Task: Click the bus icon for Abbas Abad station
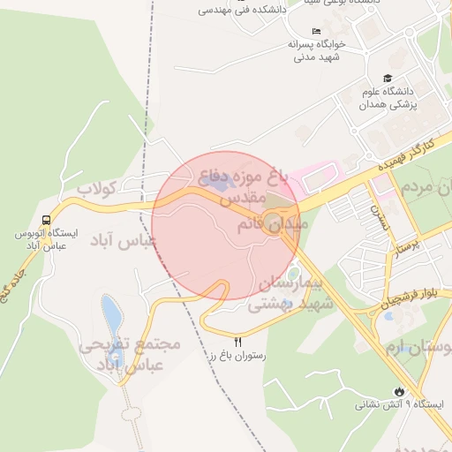tap(46, 220)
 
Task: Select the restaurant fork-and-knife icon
tap(237, 341)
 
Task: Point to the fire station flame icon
tap(400, 390)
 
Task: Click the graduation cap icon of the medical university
tap(386, 79)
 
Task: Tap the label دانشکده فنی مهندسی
tap(239, 10)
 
